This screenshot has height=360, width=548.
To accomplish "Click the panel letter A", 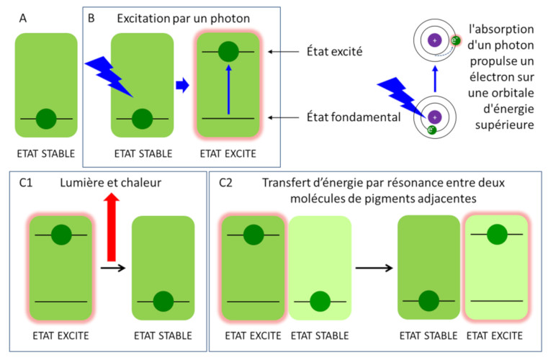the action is pyautogui.click(x=23, y=18).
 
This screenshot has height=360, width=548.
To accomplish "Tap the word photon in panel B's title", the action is pyautogui.click(x=232, y=19).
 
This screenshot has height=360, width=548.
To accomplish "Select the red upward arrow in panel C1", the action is pyautogui.click(x=112, y=228).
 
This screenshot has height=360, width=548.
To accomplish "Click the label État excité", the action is pyautogui.click(x=334, y=51).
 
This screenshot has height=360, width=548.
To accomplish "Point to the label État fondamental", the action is pyautogui.click(x=354, y=117).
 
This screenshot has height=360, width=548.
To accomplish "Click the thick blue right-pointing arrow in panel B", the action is pyautogui.click(x=182, y=85).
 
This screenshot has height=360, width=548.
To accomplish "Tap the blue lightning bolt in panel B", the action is pyautogui.click(x=109, y=76).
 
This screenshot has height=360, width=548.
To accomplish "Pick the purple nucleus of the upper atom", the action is pyautogui.click(x=435, y=40).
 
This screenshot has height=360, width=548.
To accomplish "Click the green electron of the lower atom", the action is pyautogui.click(x=431, y=130).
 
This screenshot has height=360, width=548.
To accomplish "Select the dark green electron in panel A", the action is pyautogui.click(x=46, y=119).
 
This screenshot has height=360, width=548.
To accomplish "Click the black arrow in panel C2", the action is pyautogui.click(x=374, y=268).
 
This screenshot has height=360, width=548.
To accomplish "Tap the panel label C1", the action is pyautogui.click(x=26, y=183).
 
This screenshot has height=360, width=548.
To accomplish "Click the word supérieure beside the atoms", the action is pyautogui.click(x=504, y=125).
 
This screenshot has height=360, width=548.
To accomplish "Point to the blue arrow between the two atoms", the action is pyautogui.click(x=435, y=79).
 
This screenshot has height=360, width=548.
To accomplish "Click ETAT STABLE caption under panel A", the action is pyautogui.click(x=46, y=154).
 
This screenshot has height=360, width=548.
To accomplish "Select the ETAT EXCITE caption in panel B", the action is pyautogui.click(x=228, y=154).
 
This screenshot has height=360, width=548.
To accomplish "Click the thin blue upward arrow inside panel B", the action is pyautogui.click(x=229, y=90).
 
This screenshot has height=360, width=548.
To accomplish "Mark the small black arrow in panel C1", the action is pyautogui.click(x=113, y=268).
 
